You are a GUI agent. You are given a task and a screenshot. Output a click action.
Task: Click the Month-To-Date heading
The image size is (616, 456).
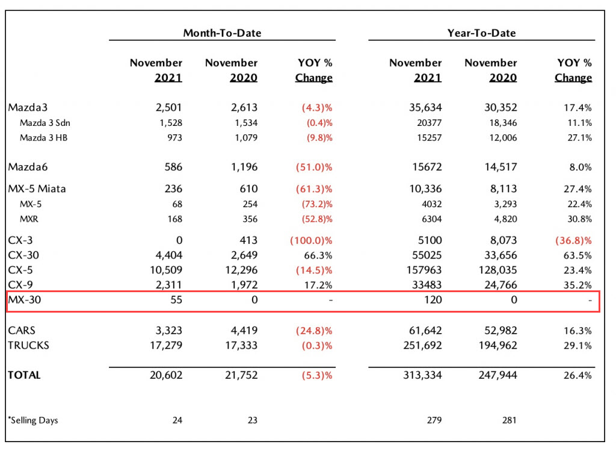tap(222, 33)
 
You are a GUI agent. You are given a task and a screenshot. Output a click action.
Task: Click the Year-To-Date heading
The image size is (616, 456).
tap(481, 33)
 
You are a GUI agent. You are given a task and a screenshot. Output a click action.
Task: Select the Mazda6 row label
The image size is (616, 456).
tap(28, 167)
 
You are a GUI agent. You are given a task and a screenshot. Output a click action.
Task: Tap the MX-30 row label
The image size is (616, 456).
tap(24, 300)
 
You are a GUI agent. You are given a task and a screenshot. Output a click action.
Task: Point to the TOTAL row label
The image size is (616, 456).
tap(24, 375)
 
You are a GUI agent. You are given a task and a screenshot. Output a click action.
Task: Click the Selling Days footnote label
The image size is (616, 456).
tap(33, 420)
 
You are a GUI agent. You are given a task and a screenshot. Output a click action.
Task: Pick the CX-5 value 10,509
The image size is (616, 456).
tap(166, 270)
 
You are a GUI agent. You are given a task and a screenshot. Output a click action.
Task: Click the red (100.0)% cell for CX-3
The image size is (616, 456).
tap(311, 240)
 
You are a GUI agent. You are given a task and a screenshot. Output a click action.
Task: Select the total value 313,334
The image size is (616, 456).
tap(422, 375)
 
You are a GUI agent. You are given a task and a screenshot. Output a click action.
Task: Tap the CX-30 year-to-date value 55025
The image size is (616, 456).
tap(427, 255)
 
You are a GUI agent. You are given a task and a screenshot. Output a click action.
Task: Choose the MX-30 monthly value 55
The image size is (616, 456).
tap(176, 300)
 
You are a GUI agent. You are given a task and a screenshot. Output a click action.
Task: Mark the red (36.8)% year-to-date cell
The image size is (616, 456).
tap(573, 240)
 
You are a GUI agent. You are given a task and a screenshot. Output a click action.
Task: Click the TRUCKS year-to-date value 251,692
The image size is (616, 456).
tap(422, 345)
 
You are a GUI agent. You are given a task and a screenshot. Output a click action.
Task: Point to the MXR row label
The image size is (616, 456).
tap(29, 219)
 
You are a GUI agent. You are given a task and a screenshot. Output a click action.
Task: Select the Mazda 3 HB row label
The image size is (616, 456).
tap(43, 138)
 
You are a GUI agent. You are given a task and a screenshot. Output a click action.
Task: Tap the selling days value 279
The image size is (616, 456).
tap(434, 420)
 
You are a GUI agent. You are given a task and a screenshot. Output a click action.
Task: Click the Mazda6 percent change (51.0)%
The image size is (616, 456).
tap(314, 167)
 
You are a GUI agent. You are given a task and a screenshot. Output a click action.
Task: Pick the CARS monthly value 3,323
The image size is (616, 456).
tap(169, 331)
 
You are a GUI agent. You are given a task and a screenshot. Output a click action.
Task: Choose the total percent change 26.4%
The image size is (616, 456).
tap(577, 375)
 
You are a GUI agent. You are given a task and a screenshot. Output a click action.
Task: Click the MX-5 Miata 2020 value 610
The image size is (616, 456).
tap(248, 189)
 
